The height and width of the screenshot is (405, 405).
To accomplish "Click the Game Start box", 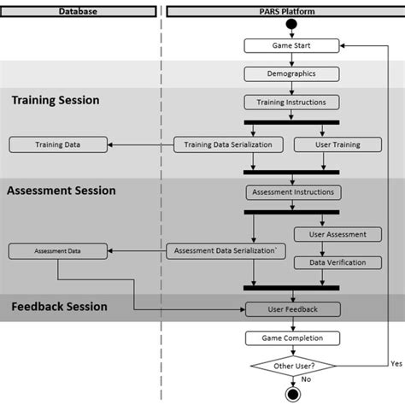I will click(x=291, y=45).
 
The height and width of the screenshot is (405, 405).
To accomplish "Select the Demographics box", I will click(x=291, y=74).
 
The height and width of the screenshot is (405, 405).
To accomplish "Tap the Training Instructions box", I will click(x=291, y=103).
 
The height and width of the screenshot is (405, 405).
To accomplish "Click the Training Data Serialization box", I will click(x=228, y=144).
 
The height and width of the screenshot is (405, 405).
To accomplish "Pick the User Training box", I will click(x=327, y=144).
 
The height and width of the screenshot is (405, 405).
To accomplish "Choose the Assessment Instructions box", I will click(x=291, y=191).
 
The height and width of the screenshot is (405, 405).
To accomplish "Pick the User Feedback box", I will click(x=291, y=309).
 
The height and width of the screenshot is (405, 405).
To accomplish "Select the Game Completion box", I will click(x=291, y=338).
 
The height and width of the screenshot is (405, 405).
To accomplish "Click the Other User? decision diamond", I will click(x=291, y=367).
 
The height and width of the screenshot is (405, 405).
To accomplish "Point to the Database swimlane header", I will click(x=78, y=11).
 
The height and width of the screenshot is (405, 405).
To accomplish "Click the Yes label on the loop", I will click(x=396, y=362).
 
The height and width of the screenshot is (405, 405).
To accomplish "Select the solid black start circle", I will click(x=291, y=23).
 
